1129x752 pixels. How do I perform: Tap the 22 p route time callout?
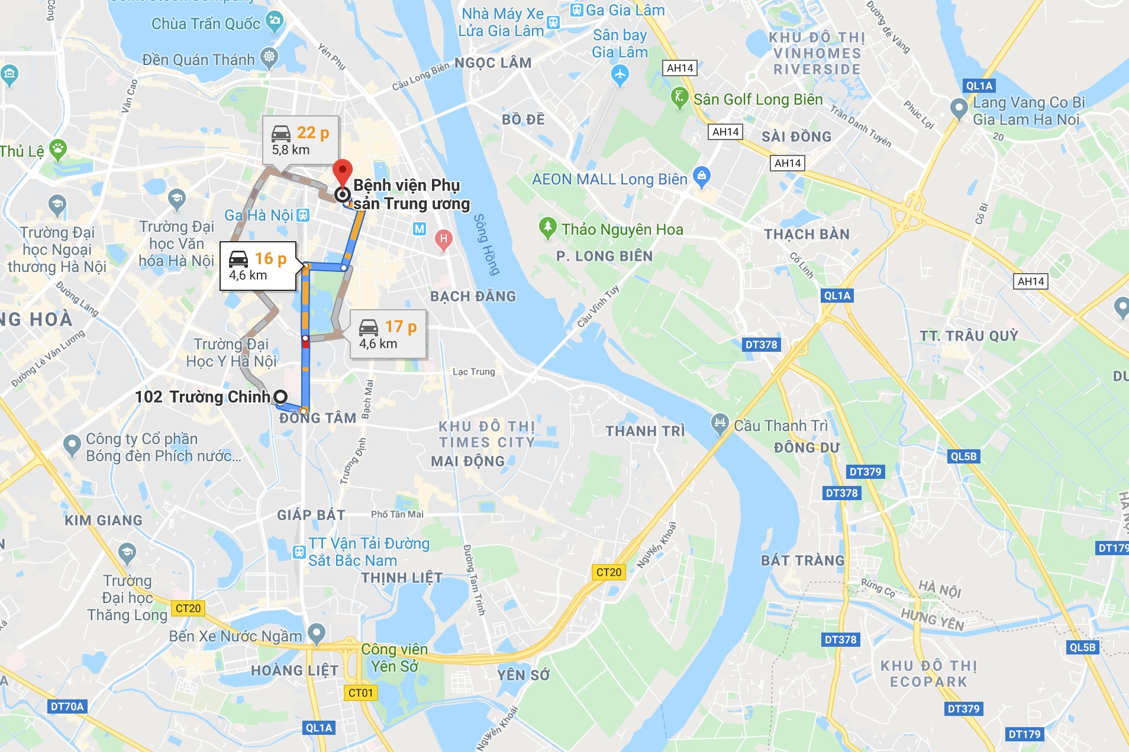coord(301,141)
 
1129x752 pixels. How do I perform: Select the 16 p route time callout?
coord(258,266)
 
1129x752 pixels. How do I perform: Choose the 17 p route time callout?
coord(388,335)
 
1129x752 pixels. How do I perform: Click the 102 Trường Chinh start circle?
coord(280,397)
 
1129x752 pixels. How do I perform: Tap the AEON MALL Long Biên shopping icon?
coord(702,176)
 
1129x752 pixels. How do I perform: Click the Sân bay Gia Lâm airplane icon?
coord(620,74)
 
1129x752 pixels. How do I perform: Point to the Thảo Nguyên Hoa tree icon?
coord(547,227)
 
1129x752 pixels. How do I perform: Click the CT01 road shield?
coord(360,693)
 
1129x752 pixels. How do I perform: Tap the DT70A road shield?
coord(67,706)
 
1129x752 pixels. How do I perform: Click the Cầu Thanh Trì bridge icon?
coord(720,423)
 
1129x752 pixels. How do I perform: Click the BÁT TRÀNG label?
coord(802,560)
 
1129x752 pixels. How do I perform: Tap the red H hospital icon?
coord(443,239)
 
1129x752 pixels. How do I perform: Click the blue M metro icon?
coord(420,229)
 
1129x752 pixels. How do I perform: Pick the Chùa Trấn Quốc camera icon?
coord(275,22)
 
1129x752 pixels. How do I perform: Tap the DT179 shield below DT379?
coord(1024,734)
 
